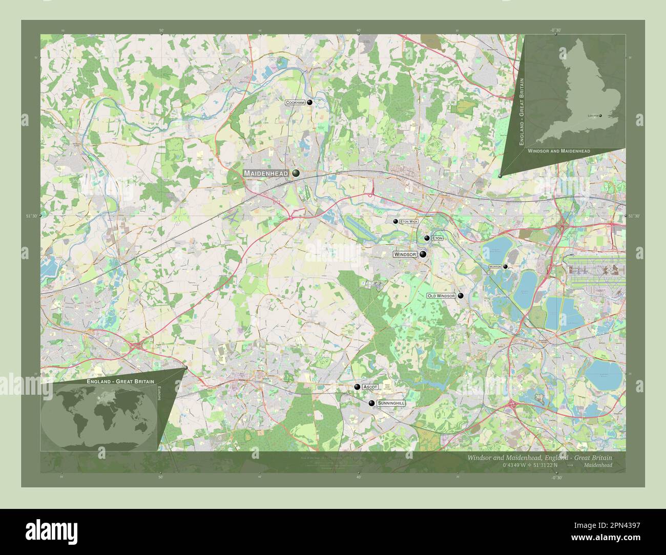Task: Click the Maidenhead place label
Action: coord(266,174)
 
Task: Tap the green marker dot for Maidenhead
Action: coord(296,174)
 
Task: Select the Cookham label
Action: coord(295,103)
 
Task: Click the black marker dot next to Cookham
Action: coord(309,102)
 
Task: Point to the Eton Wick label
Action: coord(409,221)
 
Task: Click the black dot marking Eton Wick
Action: coord(395,221)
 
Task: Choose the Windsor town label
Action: coord(405,254)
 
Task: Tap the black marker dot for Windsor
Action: coord(423,254)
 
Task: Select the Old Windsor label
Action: coord(441,296)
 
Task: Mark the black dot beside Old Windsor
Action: coord(461,295)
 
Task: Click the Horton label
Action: coord(494,267)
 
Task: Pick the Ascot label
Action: coord(370,387)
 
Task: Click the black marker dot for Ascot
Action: coord(357,387)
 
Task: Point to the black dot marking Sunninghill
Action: coord(371,403)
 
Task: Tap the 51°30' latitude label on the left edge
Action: coord(31,216)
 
